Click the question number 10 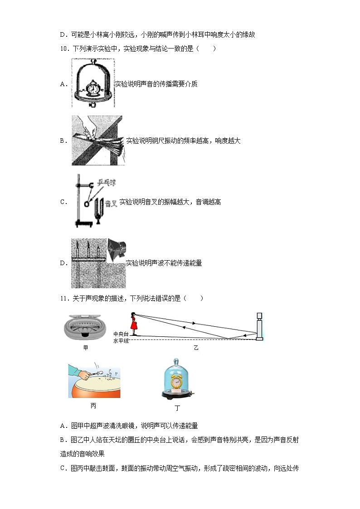tap(63, 49)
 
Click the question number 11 tap(63, 298)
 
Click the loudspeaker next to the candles tap(117, 248)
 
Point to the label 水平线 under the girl tap(121, 340)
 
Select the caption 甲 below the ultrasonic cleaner tap(86, 348)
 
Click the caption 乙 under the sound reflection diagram tap(196, 348)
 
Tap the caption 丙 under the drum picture tap(93, 406)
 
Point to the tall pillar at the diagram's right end tap(259, 325)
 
